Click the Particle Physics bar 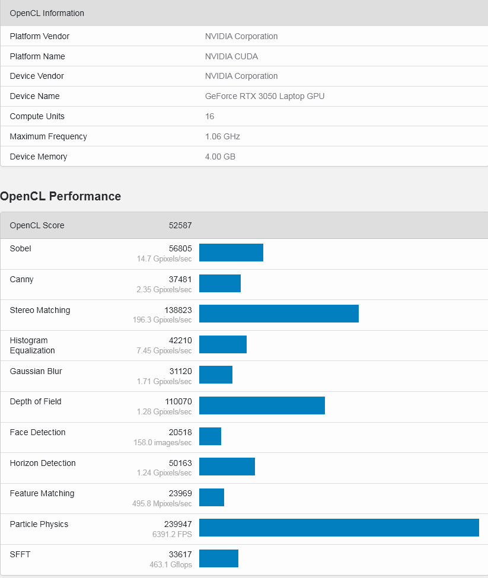coord(339,528)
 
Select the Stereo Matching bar coord(279,314)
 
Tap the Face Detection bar coord(210,436)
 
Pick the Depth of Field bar coord(261,405)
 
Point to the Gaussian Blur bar coord(216,375)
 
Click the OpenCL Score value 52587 coord(180,225)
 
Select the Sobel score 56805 coord(180,248)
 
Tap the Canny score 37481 coord(180,279)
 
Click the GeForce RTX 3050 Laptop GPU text coord(264,96)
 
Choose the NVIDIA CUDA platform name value coord(231,56)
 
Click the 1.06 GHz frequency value coord(222,136)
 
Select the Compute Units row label coord(37,116)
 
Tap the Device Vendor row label coord(37,76)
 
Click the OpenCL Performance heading coord(60,196)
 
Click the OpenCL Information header coord(47,13)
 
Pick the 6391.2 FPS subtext coord(171,534)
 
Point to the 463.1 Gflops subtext coord(171,565)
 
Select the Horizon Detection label coord(43,463)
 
